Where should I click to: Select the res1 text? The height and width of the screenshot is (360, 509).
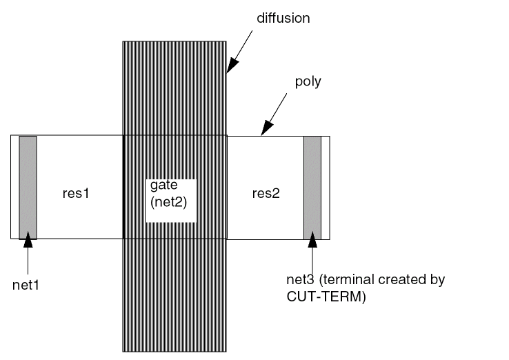(x=77, y=194)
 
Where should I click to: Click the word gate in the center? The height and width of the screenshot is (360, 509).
(x=160, y=188)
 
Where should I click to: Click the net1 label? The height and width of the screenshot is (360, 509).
(x=28, y=282)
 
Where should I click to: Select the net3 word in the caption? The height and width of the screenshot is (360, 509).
(x=298, y=281)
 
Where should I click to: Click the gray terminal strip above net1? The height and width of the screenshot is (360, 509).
(x=28, y=186)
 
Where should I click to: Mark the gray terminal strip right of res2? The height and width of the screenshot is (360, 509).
(x=312, y=186)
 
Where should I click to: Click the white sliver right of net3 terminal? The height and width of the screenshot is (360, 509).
(x=326, y=186)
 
